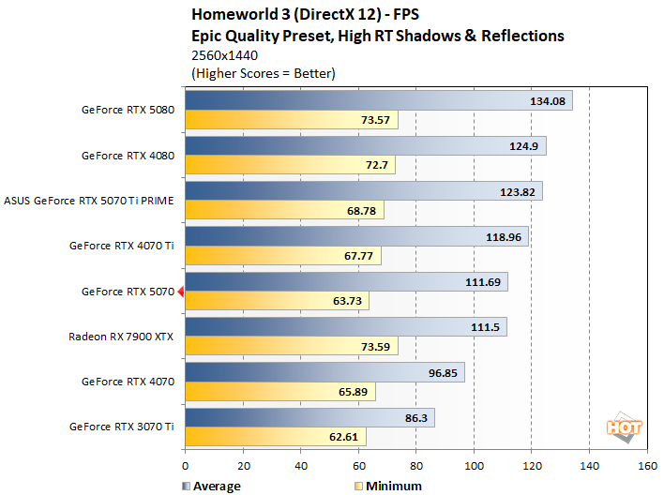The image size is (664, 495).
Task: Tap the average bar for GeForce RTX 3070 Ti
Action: tap(309, 418)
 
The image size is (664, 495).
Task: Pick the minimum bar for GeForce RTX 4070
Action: tap(280, 392)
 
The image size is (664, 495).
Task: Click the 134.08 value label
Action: tap(547, 101)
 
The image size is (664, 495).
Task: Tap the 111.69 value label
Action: tap(485, 282)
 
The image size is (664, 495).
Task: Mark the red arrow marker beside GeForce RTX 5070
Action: tap(181, 292)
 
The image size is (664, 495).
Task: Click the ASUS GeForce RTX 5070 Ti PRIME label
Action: tap(91, 200)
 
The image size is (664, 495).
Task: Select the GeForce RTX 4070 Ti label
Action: tap(122, 246)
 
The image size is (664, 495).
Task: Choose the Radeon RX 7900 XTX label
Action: tap(121, 336)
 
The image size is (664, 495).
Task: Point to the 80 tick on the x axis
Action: tap(416, 466)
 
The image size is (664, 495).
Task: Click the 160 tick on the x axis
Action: tap(647, 466)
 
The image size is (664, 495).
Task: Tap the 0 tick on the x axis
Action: tap(186, 466)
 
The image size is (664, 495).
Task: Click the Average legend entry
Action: tap(210, 486)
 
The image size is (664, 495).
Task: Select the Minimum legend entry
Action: tap(386, 486)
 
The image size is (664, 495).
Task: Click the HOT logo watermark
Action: tap(624, 427)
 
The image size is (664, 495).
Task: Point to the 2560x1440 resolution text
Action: tap(224, 55)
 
